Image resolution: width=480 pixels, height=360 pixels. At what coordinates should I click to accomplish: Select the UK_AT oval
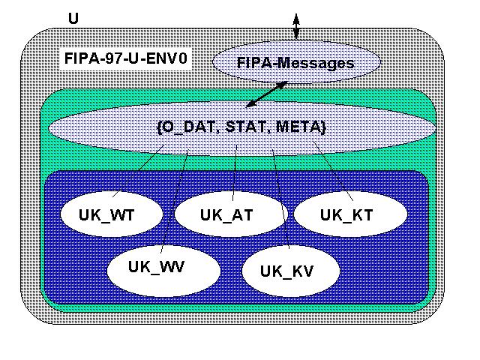pos(226,214)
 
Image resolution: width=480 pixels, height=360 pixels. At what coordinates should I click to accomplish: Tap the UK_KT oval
pos(349,214)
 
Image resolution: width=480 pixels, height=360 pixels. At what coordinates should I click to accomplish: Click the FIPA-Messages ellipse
pos(295,63)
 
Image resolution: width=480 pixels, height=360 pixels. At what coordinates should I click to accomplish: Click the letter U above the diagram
pos(73,17)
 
